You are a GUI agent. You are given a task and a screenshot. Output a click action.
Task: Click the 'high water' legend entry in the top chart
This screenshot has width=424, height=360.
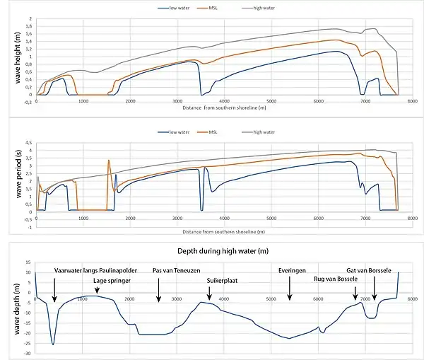(x=261, y=8)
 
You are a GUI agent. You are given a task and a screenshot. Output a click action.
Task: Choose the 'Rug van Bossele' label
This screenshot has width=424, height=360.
(x=335, y=279)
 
